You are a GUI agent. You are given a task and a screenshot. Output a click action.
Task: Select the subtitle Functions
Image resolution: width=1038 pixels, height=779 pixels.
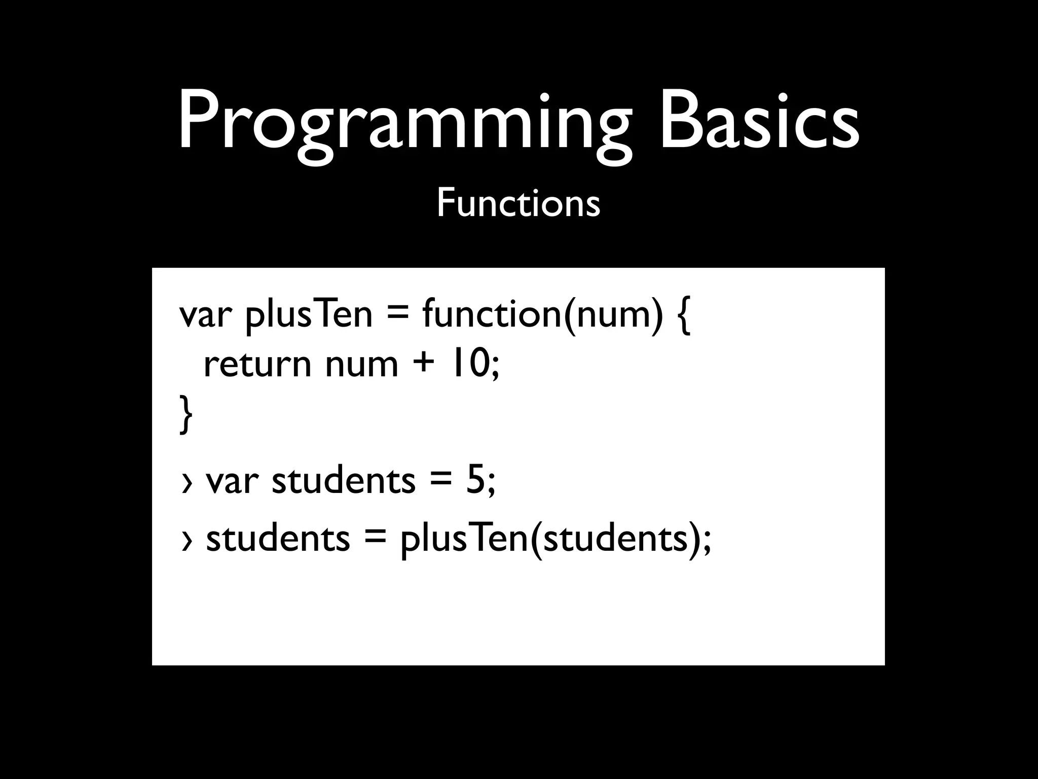coord(518,203)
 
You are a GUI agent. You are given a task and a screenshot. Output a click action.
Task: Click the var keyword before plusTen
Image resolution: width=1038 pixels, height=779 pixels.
coord(205,314)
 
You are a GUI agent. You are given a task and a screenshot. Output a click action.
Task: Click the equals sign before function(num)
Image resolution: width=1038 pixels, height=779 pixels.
coord(397,314)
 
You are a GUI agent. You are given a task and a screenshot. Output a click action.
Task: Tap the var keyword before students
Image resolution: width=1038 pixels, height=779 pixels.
coord(232,481)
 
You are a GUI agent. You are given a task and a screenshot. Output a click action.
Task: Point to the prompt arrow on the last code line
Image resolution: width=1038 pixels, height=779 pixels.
coord(187,541)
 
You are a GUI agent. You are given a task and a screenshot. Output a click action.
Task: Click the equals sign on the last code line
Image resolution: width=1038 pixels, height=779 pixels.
coord(375,538)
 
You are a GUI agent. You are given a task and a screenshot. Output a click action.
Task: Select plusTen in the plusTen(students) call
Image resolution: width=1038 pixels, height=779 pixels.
coord(464,539)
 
